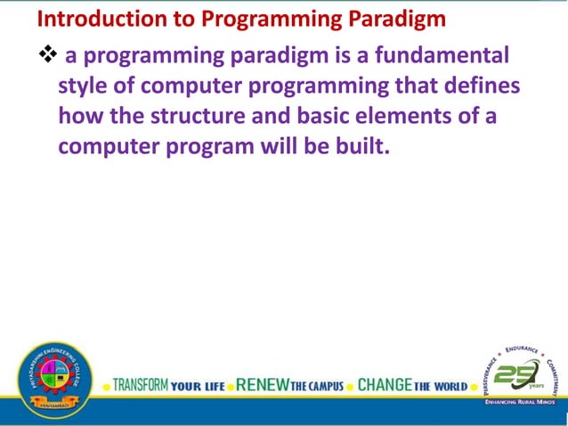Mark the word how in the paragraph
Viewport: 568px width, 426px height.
[x=78, y=116]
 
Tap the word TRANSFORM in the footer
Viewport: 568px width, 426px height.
[x=141, y=386]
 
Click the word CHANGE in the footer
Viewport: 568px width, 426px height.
[x=385, y=386]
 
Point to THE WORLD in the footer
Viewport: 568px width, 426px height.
[x=440, y=387]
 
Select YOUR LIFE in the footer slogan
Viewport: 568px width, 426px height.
[x=198, y=387]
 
